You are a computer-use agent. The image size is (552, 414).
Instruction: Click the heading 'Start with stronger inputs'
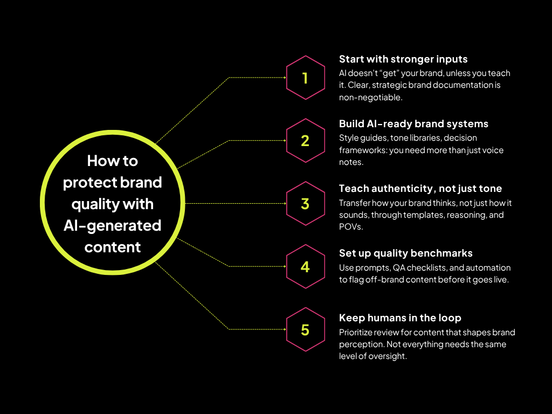click(x=403, y=59)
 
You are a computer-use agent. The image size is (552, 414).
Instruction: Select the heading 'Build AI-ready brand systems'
click(x=413, y=124)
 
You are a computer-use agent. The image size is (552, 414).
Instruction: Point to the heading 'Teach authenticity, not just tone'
click(x=420, y=189)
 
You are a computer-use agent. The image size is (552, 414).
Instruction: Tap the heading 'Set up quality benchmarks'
click(x=405, y=253)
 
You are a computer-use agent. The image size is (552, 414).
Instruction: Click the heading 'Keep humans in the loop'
click(x=400, y=318)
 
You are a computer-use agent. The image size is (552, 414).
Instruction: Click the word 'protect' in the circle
click(x=89, y=183)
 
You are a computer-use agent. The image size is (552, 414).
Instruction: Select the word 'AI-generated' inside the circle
click(x=112, y=226)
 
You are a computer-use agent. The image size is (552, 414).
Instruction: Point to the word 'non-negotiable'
click(x=370, y=97)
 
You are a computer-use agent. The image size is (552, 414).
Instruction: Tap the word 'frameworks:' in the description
click(x=363, y=150)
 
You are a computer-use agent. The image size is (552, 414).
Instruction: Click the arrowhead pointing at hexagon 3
click(x=285, y=203)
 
